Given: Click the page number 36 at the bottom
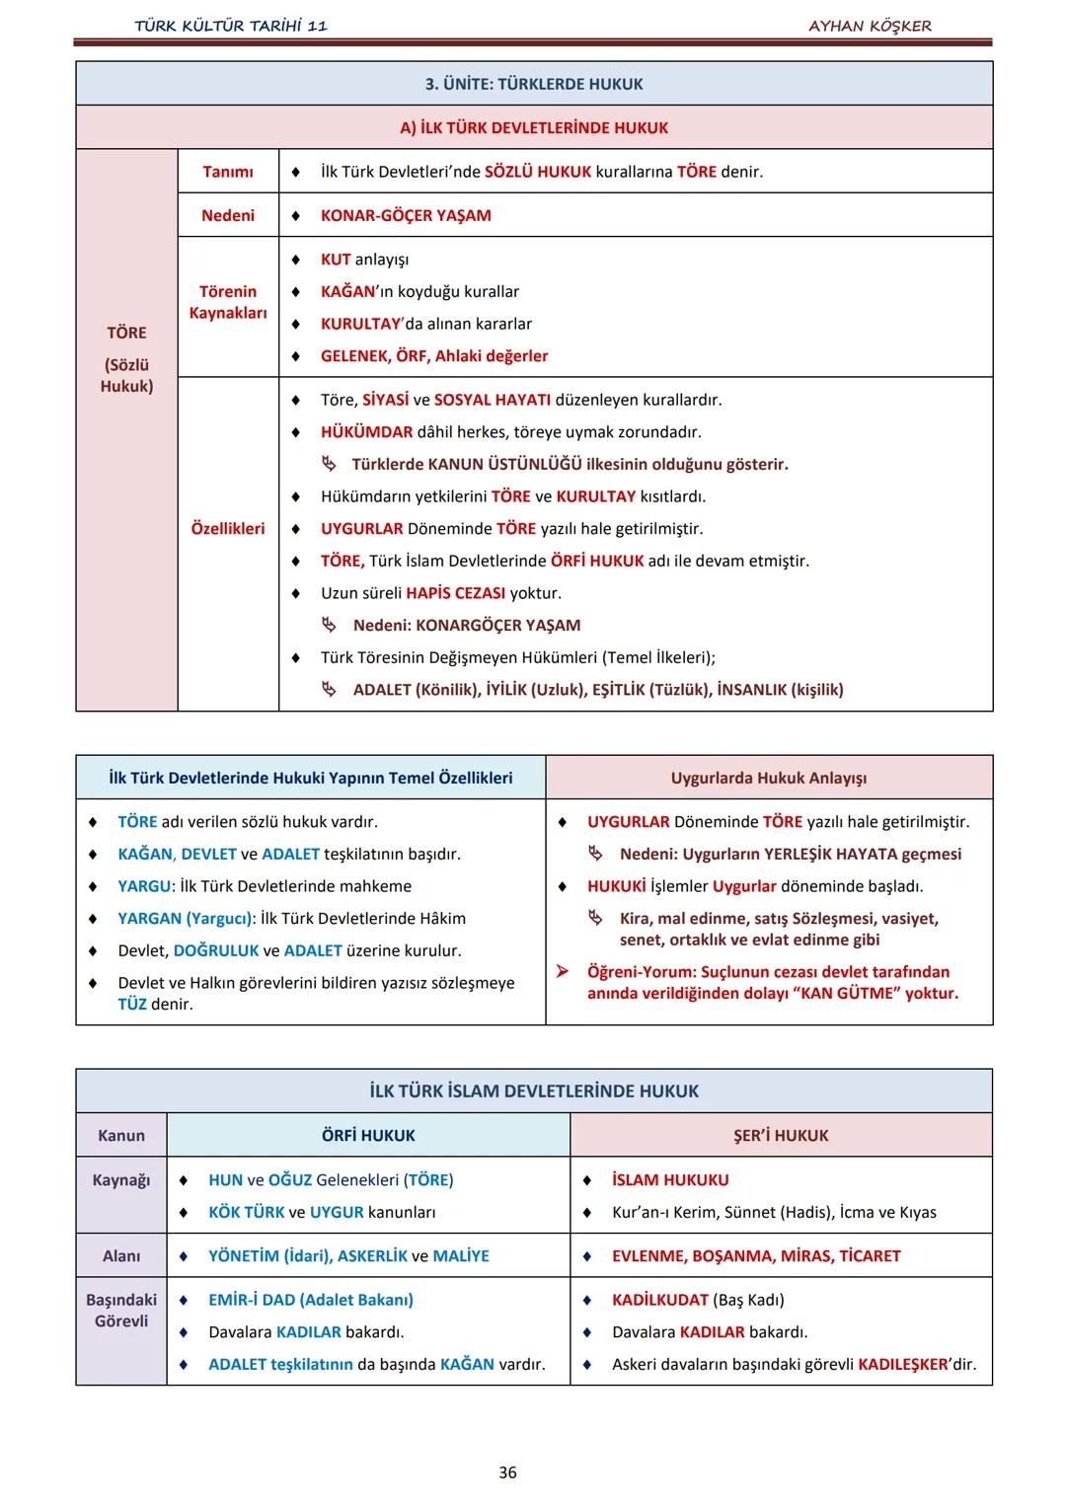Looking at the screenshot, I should coord(507,1472).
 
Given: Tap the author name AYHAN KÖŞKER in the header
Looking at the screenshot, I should coord(870,26).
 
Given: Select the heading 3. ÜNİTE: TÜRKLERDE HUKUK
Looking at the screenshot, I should coord(534,84).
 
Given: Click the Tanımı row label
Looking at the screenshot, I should coord(228,172).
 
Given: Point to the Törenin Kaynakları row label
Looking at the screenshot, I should coord(228,302).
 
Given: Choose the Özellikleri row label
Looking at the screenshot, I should coord(228,529).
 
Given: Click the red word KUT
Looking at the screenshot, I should coord(336,260).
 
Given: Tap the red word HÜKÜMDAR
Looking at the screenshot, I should coord(366,432).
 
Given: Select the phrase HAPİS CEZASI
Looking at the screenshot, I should coord(455,593).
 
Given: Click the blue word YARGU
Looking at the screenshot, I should coord(144,886).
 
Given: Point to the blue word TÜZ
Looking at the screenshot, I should coord(132,1005).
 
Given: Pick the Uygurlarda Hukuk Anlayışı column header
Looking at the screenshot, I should coord(769,778).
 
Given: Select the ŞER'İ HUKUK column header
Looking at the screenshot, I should coord(781,1136).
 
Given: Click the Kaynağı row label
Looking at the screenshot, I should coord(121,1180).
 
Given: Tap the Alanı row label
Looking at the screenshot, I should coord(121,1256).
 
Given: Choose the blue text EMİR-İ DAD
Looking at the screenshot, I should coord(252,1301).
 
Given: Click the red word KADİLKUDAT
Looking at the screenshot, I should coord(660,1301).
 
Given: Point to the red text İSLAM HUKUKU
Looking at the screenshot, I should coord(670,1180).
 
